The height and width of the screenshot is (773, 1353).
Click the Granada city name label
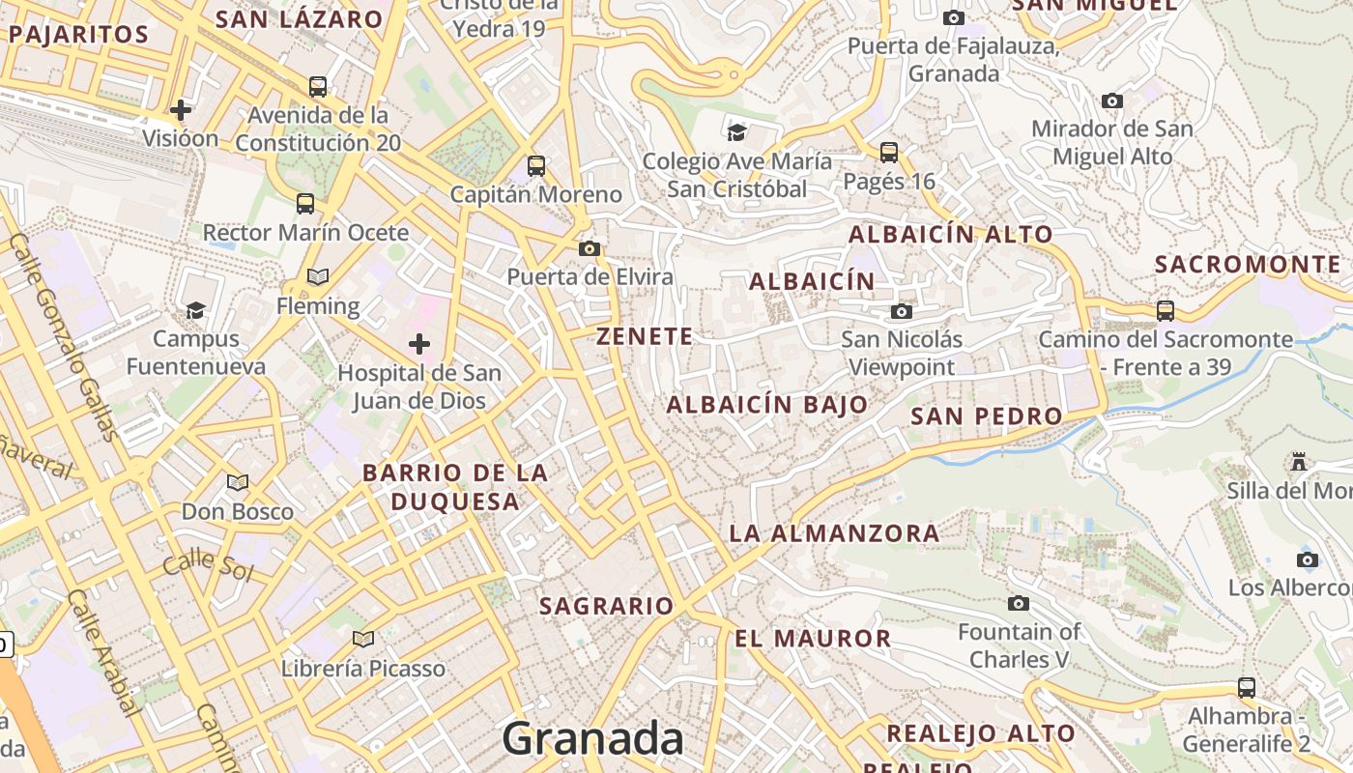pyautogui.click(x=592, y=739)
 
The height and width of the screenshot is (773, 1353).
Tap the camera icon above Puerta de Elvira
pyautogui.click(x=589, y=249)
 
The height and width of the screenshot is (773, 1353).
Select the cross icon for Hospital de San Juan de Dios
pyautogui.click(x=419, y=344)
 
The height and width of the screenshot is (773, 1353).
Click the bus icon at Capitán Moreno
pyautogui.click(x=536, y=166)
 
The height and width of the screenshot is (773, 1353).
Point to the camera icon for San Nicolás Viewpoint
pyautogui.click(x=902, y=311)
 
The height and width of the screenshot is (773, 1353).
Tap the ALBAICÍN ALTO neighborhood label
pyautogui.click(x=950, y=234)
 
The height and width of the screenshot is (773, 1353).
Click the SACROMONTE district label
pyautogui.click(x=1248, y=264)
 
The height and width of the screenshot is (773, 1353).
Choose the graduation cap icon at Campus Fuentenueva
pyautogui.click(x=196, y=310)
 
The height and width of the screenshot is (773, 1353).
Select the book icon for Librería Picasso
pyautogui.click(x=363, y=639)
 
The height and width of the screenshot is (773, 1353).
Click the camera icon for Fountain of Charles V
pyautogui.click(x=1018, y=604)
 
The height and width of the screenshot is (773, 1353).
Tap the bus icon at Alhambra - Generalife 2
pyautogui.click(x=1247, y=688)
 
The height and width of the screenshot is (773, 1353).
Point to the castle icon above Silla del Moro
pyautogui.click(x=1299, y=462)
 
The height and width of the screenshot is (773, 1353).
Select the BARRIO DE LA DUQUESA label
pyautogui.click(x=455, y=487)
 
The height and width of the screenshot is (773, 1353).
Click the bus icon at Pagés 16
pyautogui.click(x=889, y=153)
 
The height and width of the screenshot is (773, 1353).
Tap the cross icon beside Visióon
pyautogui.click(x=180, y=110)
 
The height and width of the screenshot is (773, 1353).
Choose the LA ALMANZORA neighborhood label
pyautogui.click(x=834, y=532)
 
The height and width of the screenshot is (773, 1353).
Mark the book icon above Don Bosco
pyautogui.click(x=238, y=482)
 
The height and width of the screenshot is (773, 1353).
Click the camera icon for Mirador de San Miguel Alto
pyautogui.click(x=1112, y=100)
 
